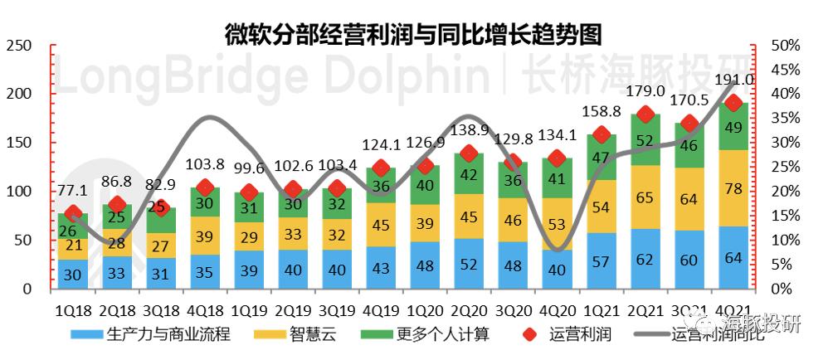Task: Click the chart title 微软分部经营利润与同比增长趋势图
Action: pyautogui.click(x=412, y=34)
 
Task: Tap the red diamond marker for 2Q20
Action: pyautogui.click(x=468, y=153)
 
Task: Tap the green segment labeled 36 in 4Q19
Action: pyautogui.click(x=379, y=185)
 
